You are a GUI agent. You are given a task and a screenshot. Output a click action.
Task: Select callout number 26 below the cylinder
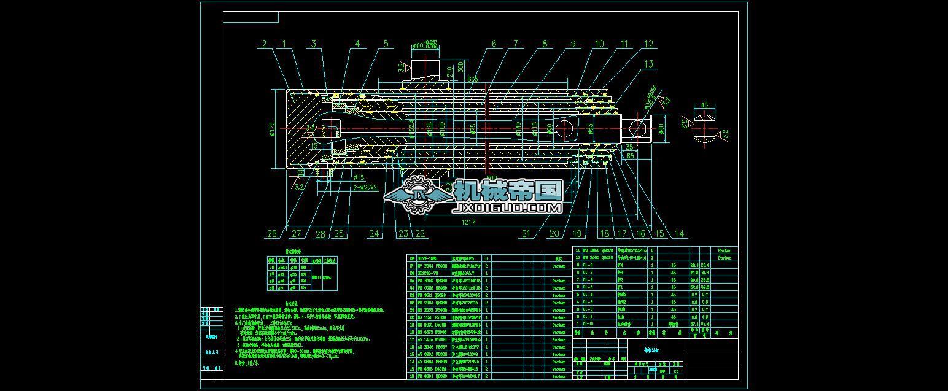pyautogui.click(x=271, y=233)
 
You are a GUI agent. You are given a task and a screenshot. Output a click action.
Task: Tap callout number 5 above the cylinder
pyautogui.click(x=386, y=44)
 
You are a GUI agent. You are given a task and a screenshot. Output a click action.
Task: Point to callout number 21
pyautogui.click(x=526, y=233)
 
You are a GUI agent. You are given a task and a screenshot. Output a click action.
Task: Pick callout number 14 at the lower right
pyautogui.click(x=678, y=233)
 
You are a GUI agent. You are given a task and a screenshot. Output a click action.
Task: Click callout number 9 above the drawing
pyautogui.click(x=572, y=44)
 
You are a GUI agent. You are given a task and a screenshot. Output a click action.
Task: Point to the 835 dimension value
pyautogui.click(x=472, y=79)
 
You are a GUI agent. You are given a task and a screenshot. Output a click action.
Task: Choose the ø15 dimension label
pyautogui.click(x=359, y=178)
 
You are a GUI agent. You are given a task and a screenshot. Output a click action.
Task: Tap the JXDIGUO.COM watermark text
pyautogui.click(x=507, y=209)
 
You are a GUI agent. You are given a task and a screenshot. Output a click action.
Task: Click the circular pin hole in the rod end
pyautogui.click(x=637, y=128)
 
